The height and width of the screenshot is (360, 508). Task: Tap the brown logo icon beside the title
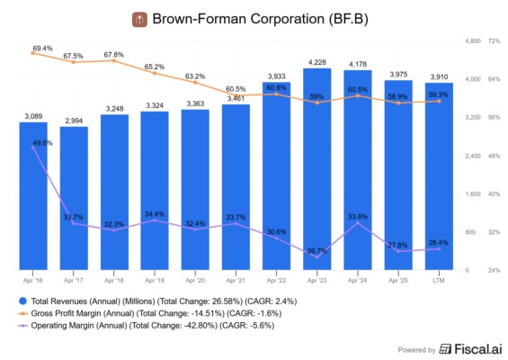click(138, 19)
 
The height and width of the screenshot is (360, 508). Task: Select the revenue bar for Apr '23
click(317, 171)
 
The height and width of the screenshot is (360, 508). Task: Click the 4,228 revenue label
click(317, 62)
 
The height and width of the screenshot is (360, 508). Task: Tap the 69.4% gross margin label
click(42, 47)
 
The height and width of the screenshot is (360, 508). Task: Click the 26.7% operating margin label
click(316, 251)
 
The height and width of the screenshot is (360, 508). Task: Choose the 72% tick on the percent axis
click(494, 41)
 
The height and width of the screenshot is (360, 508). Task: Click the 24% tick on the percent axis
click(494, 270)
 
